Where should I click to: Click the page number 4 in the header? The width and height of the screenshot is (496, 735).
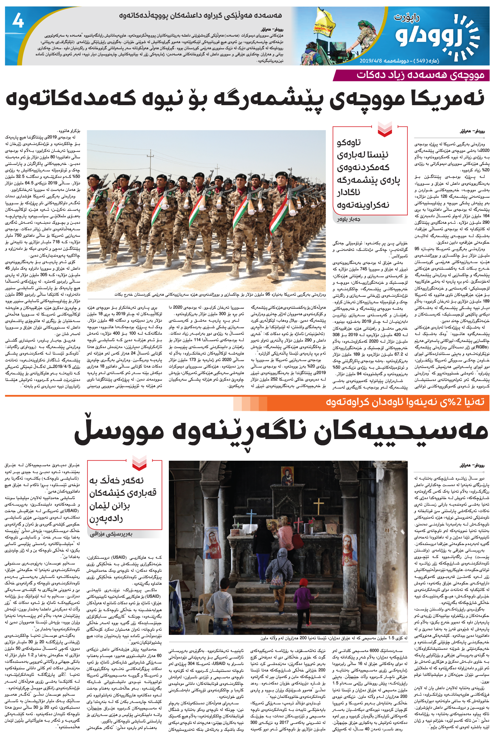click(18, 21)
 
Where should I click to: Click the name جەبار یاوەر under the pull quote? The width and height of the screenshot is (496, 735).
click(349, 219)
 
